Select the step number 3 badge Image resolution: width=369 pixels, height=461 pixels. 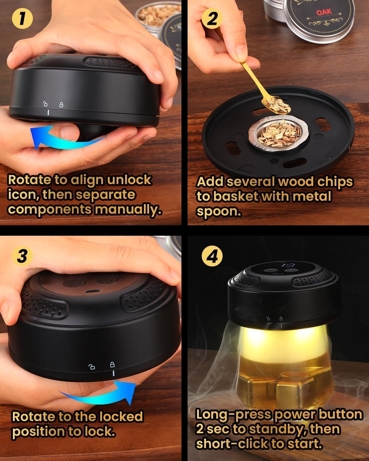click(22, 255)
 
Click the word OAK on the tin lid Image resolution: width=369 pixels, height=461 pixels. click(324, 12)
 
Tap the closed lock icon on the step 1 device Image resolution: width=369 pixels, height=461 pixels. click(61, 104)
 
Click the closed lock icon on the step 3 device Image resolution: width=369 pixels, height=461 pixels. click(113, 364)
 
